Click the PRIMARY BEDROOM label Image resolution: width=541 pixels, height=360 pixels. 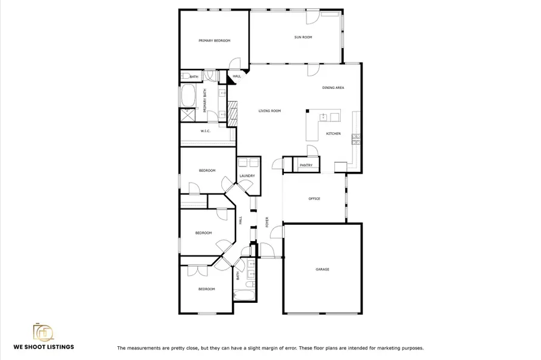coord(215,41)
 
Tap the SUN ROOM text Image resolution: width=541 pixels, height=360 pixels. coord(303,37)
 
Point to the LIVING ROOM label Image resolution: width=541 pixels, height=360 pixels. coord(270,111)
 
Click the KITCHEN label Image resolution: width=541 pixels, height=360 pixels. coord(334,133)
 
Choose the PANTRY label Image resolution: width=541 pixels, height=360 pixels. coord(306,165)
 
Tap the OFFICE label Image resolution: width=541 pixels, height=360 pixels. coord(314,199)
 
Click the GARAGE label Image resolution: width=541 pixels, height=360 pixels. coord(322,269)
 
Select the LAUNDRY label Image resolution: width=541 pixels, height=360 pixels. coord(247,176)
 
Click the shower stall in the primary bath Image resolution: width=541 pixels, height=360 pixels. coord(188,114)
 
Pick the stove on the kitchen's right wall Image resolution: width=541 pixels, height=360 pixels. coord(355,139)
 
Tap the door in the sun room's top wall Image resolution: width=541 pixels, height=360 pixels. coord(313,18)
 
